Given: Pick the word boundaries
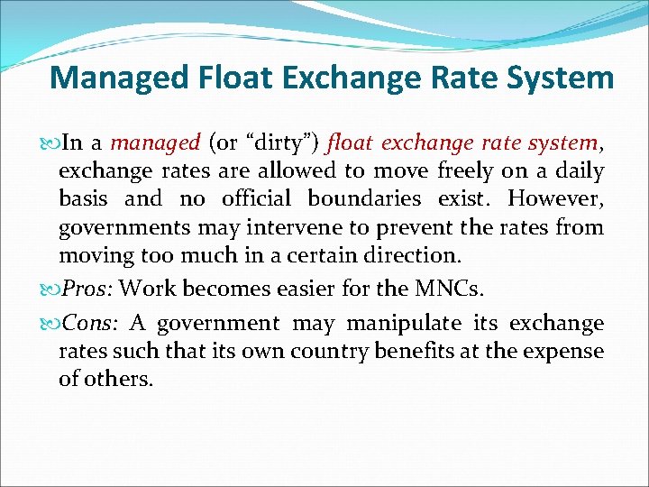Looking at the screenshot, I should (x=364, y=198).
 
